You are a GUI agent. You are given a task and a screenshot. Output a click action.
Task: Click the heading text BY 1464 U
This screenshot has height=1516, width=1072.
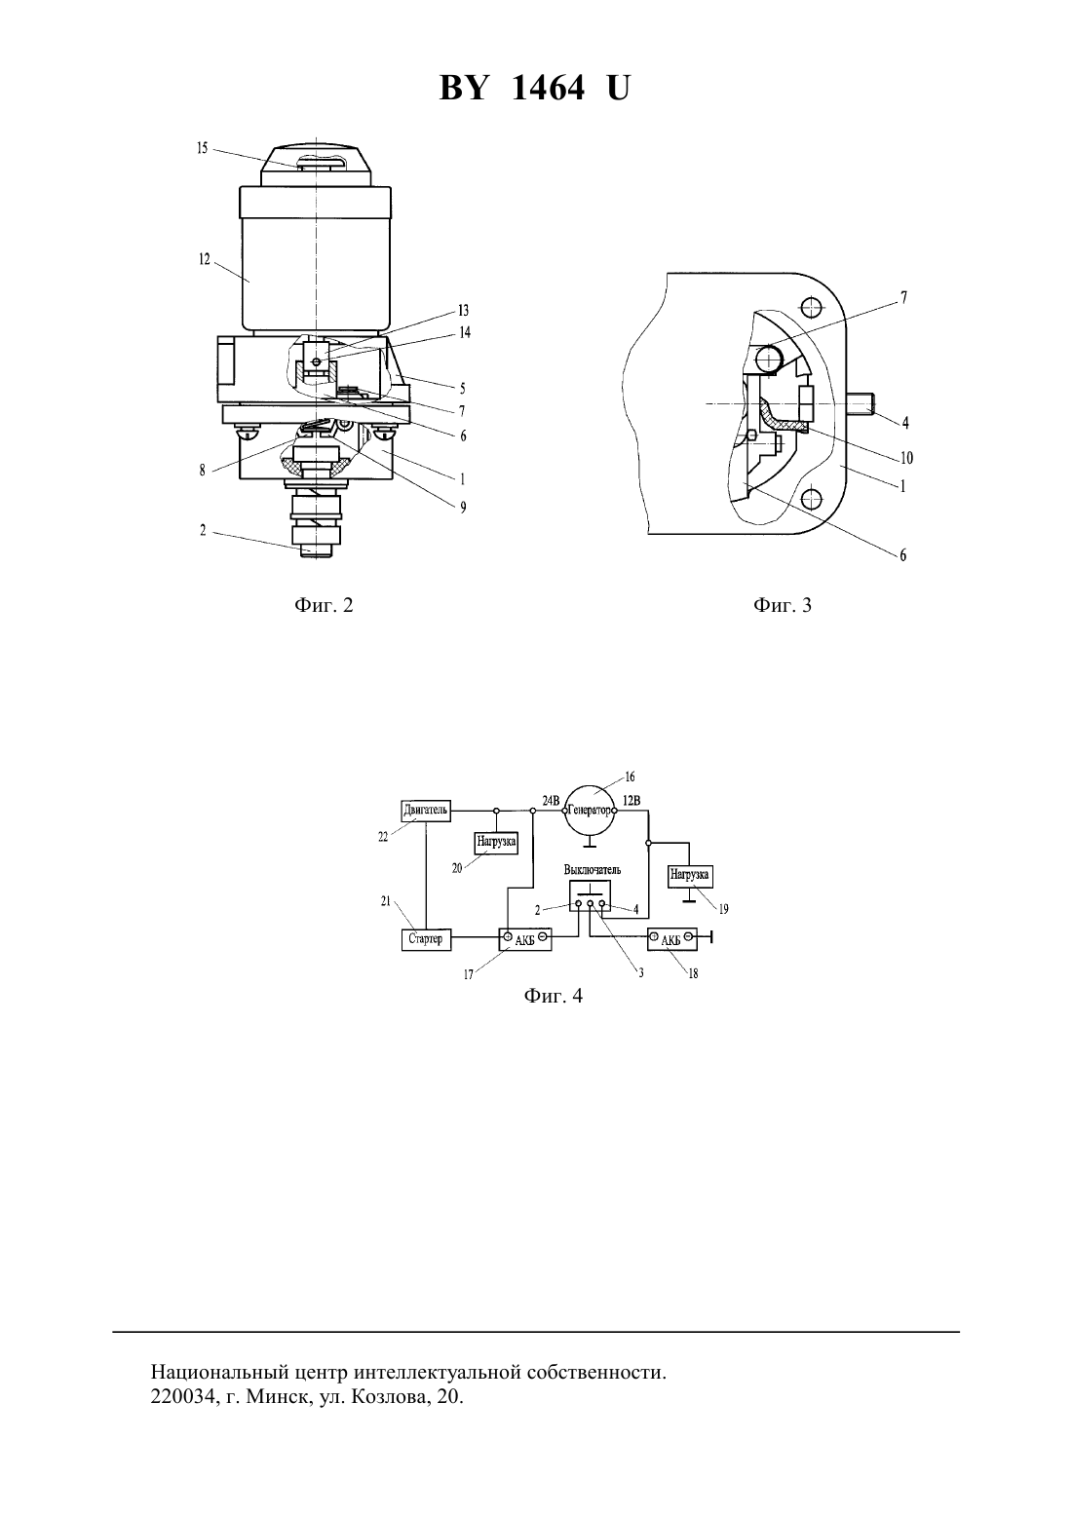coord(535,88)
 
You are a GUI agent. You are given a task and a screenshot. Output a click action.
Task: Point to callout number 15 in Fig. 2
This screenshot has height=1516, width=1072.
coord(203,147)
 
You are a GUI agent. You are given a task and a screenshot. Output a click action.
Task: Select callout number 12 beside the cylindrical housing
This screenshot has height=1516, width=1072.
coord(205,259)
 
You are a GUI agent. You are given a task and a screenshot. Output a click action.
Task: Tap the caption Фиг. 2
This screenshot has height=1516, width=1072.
coord(324,604)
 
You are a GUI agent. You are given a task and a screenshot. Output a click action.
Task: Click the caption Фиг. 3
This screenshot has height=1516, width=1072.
coord(782,604)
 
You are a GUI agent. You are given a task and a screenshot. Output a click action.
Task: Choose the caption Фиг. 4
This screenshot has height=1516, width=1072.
coord(553,996)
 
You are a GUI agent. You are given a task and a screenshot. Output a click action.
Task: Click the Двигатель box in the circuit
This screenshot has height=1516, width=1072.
coord(426,810)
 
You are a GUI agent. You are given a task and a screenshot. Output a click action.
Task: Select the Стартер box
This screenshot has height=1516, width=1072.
coord(426,938)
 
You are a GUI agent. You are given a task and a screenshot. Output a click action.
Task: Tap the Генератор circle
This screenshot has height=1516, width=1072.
coord(590,810)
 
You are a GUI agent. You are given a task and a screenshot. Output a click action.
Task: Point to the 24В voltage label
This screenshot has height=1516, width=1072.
coord(551,800)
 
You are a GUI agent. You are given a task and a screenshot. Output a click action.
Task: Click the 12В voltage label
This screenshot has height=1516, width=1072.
coord(631,800)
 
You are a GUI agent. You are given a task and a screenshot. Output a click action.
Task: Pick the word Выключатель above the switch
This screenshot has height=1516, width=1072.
coord(593,870)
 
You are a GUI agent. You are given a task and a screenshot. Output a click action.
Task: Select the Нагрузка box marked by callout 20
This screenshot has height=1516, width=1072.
coord(496,842)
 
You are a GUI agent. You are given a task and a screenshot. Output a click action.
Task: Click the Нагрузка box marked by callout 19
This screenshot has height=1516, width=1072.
coord(690,874)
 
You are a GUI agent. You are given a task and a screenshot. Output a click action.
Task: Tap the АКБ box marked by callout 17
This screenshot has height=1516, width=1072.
coord(525,938)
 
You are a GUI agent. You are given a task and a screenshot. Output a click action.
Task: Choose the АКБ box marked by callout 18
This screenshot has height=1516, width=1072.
coord(672,938)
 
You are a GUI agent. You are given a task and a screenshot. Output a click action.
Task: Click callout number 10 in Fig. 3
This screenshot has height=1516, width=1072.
coord(906,458)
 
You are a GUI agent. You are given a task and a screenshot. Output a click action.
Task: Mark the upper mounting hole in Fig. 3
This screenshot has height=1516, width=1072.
coord(810,309)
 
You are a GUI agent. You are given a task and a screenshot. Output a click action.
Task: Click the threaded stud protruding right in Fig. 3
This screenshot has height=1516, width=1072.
coord(861,404)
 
